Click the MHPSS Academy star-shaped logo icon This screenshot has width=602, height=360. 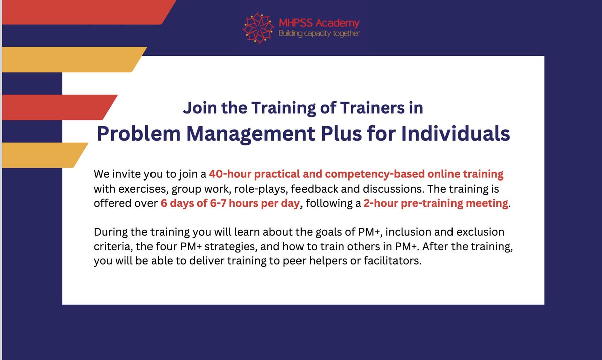(x=258, y=28)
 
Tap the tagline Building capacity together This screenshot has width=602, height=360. (x=319, y=33)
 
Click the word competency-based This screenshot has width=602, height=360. (x=373, y=174)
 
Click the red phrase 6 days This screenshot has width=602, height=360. (x=176, y=204)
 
